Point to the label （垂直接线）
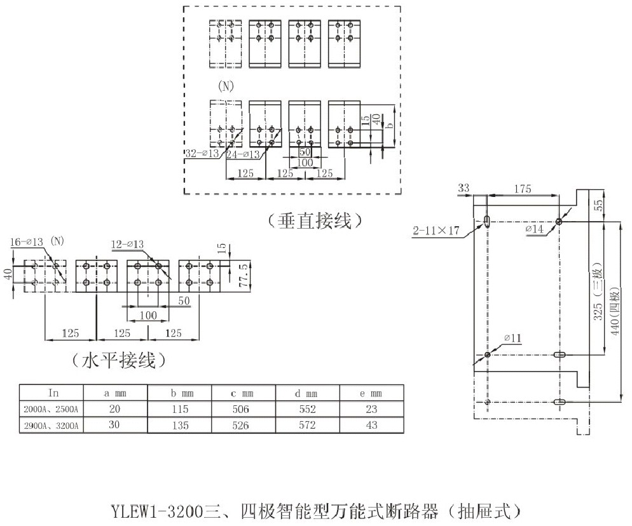(314, 220)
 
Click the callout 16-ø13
(27, 241)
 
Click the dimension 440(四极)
(614, 312)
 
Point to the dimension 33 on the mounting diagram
(464, 187)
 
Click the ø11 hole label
(512, 339)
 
